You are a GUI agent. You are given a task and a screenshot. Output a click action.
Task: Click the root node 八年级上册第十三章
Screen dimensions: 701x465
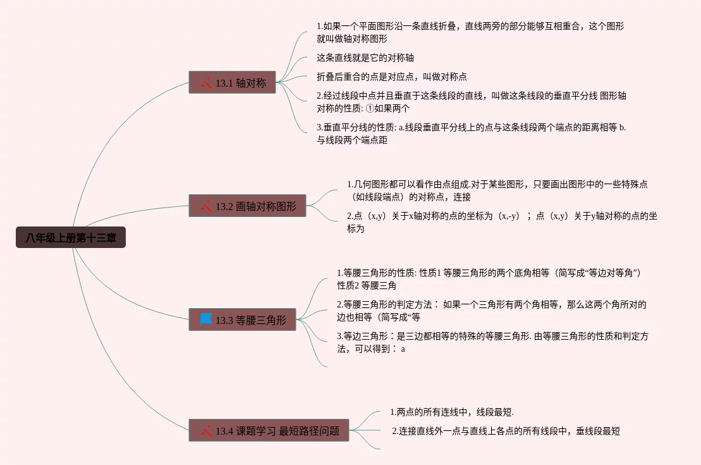point(71,238)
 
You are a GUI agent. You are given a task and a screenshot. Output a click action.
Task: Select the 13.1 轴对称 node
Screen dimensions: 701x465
point(232,82)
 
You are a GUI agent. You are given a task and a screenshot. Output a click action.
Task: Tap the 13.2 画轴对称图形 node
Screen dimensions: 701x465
point(247,206)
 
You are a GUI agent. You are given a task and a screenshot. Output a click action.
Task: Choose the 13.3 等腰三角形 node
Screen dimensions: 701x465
point(242,319)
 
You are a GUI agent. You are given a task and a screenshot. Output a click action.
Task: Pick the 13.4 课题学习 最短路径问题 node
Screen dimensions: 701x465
point(269,431)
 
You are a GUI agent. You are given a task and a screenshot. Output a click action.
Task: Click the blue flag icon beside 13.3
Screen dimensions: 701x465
point(206,319)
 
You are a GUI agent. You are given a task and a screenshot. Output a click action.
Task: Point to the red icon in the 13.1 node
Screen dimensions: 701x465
point(206,82)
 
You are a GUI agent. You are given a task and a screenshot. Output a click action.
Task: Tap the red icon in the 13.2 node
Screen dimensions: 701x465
point(206,206)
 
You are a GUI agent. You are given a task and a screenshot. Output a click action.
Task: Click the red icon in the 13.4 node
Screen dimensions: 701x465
point(206,431)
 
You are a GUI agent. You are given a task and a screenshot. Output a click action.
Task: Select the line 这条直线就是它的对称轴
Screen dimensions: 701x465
point(365,58)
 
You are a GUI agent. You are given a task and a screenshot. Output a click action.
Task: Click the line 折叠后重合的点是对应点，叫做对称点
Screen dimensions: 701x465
point(391,77)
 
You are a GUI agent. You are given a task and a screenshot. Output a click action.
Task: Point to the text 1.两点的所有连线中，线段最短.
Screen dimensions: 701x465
point(451,412)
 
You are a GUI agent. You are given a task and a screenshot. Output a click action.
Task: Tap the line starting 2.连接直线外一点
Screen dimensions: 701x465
point(506,431)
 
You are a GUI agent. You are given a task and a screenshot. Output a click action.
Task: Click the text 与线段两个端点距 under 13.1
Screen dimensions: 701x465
point(351,140)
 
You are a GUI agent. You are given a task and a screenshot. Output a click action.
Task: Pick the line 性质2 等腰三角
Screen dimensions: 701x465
point(367,285)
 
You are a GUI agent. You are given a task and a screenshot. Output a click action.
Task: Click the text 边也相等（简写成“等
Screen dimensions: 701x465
point(379,317)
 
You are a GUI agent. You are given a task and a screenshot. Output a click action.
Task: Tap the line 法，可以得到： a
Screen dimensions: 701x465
point(371,349)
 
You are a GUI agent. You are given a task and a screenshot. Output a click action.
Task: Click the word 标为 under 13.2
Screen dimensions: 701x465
point(355,228)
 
